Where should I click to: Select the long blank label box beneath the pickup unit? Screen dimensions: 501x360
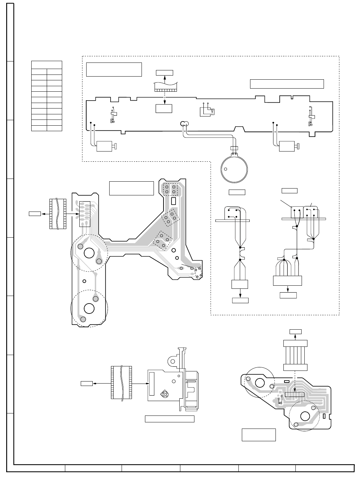coord(170,419)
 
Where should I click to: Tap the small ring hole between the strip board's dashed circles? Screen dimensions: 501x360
coord(85,281)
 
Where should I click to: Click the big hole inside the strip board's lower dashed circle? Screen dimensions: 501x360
coord(89,308)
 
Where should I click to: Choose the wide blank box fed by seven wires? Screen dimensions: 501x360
coord(287,281)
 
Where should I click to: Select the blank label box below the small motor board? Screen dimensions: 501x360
coord(259,434)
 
